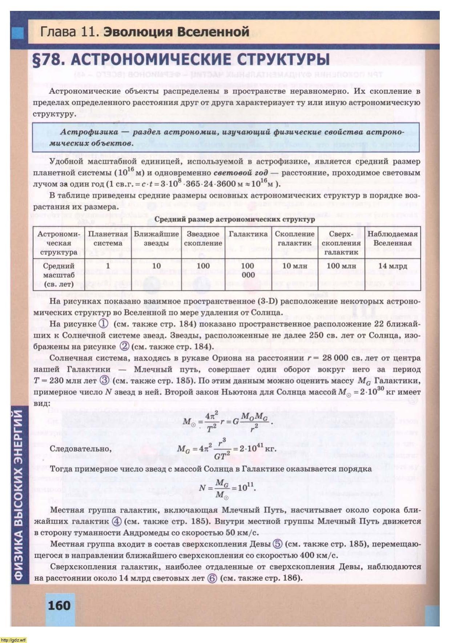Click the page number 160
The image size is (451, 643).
(x=59, y=606)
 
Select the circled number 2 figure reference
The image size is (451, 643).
(x=125, y=346)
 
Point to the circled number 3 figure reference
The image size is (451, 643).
(x=105, y=380)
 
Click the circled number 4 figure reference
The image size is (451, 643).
(x=117, y=521)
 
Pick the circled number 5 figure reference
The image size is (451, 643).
(x=278, y=544)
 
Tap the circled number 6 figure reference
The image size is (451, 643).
(x=212, y=578)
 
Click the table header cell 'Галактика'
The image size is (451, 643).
(x=248, y=234)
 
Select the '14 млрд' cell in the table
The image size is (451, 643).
(x=393, y=266)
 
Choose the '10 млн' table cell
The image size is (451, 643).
(x=294, y=266)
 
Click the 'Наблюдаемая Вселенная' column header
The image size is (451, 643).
(x=393, y=239)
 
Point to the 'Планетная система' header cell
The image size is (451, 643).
(x=108, y=239)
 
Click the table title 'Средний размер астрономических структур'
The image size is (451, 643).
(x=235, y=219)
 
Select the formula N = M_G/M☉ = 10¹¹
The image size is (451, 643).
(x=227, y=488)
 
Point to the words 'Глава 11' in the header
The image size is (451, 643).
(x=69, y=32)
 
